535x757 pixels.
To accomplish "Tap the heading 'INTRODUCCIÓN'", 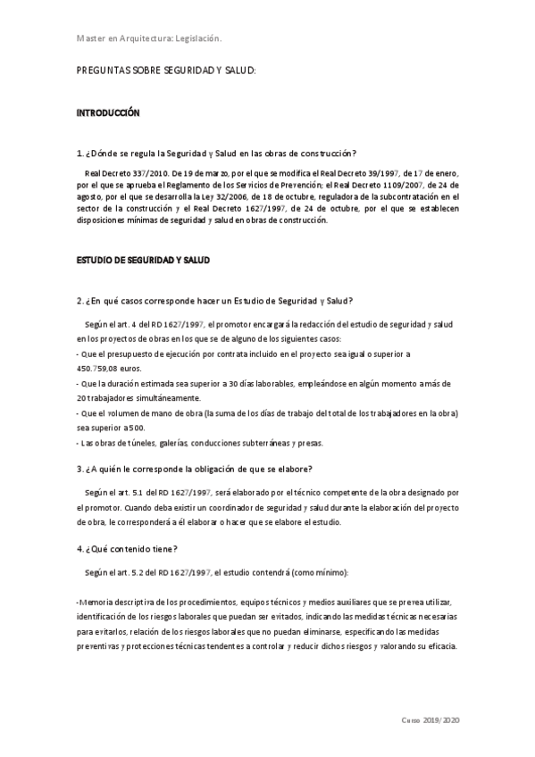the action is click(108, 114).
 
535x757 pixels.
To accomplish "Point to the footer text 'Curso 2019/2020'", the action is click(431, 720).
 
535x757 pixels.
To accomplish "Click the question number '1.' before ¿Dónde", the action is click(81, 154).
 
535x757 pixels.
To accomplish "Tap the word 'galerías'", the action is click(180, 443).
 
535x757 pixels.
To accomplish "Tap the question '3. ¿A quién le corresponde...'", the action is click(195, 470).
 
